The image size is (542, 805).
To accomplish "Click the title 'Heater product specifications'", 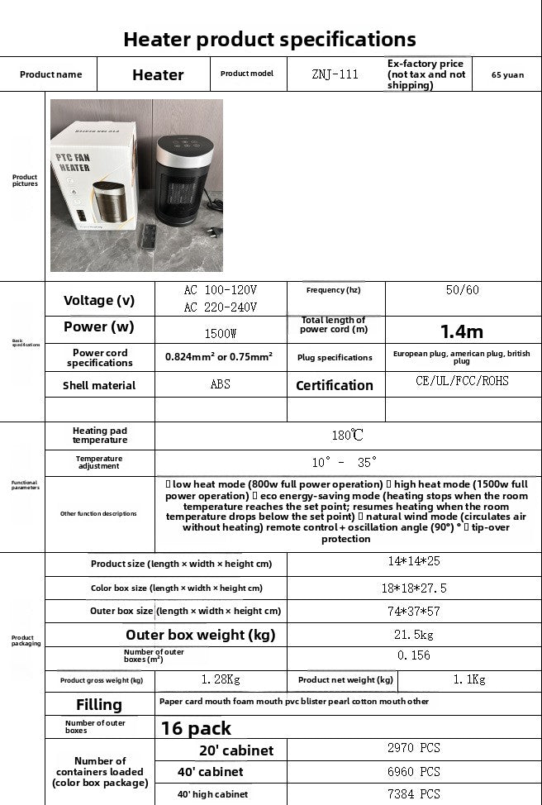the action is [269, 39].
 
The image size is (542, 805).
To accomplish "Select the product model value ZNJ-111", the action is [335, 74].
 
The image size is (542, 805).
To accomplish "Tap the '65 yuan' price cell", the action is [507, 74].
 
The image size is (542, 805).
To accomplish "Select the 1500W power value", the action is [220, 334].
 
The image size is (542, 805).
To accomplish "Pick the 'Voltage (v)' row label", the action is [99, 300].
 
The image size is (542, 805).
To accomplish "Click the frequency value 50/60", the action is [462, 290].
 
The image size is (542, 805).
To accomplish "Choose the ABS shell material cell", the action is [220, 384].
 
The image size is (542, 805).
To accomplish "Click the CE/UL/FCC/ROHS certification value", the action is [462, 381].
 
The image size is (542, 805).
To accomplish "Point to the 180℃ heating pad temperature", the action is [347, 435].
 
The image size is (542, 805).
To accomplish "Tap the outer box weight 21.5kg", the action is [414, 634].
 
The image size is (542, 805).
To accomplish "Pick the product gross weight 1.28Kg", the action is [221, 679].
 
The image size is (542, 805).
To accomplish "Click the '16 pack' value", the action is [196, 728].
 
